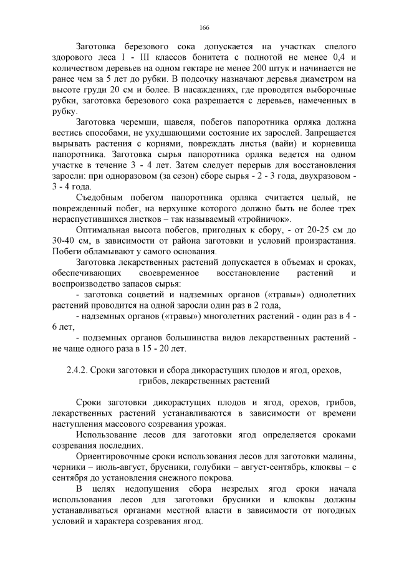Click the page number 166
pyautogui.click(x=203, y=28)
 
